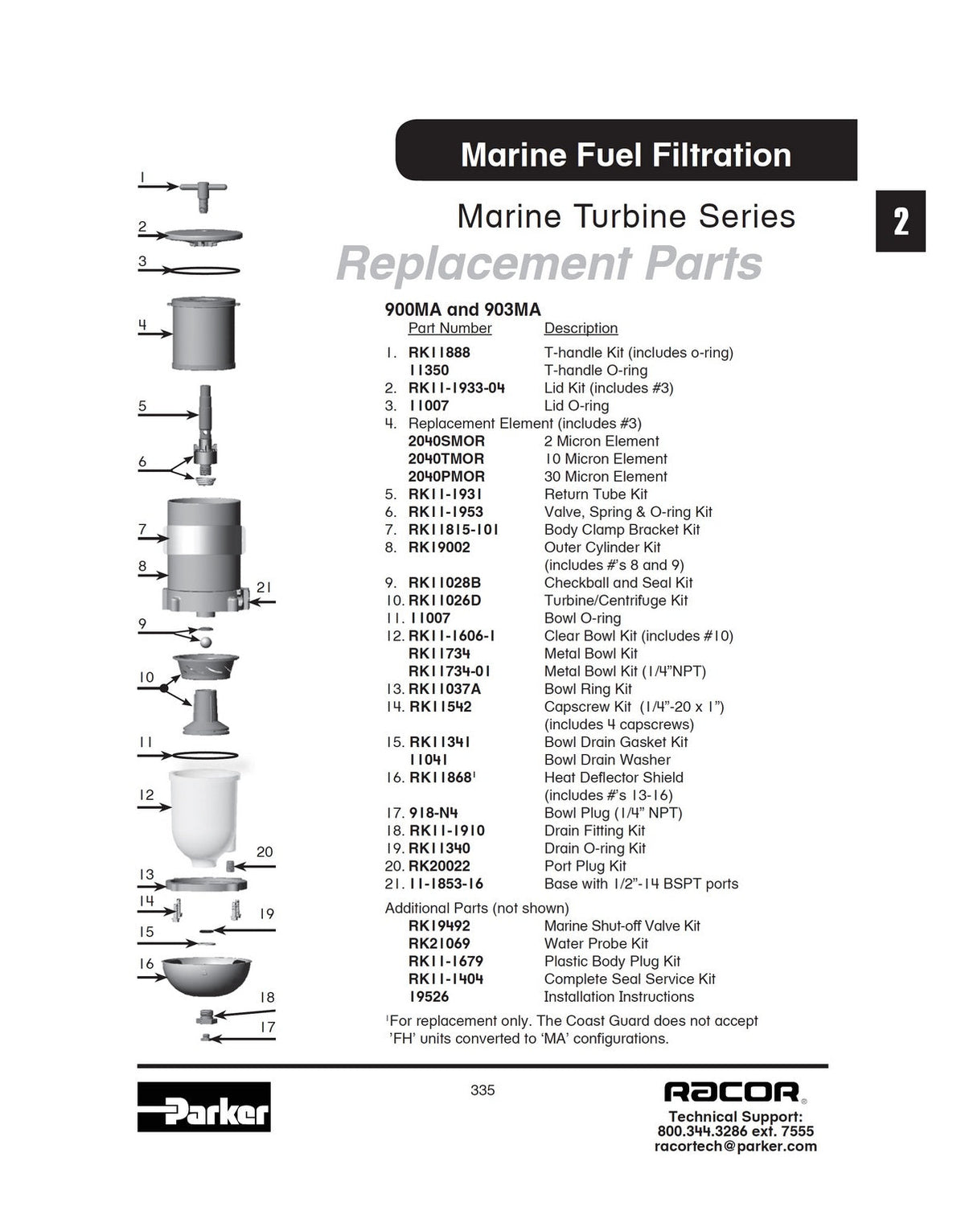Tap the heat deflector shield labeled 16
click(206, 976)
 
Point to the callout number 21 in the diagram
click(264, 588)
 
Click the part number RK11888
click(439, 352)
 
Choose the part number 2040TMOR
click(446, 459)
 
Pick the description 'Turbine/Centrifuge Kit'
click(616, 601)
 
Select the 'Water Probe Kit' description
click(597, 944)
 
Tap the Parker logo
click(204, 1107)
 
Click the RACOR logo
click(732, 1092)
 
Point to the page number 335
click(482, 1090)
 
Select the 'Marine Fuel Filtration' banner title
click(626, 154)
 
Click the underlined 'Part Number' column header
click(450, 329)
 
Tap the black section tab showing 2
click(901, 221)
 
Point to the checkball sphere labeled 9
click(206, 642)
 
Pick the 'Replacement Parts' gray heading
click(549, 264)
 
